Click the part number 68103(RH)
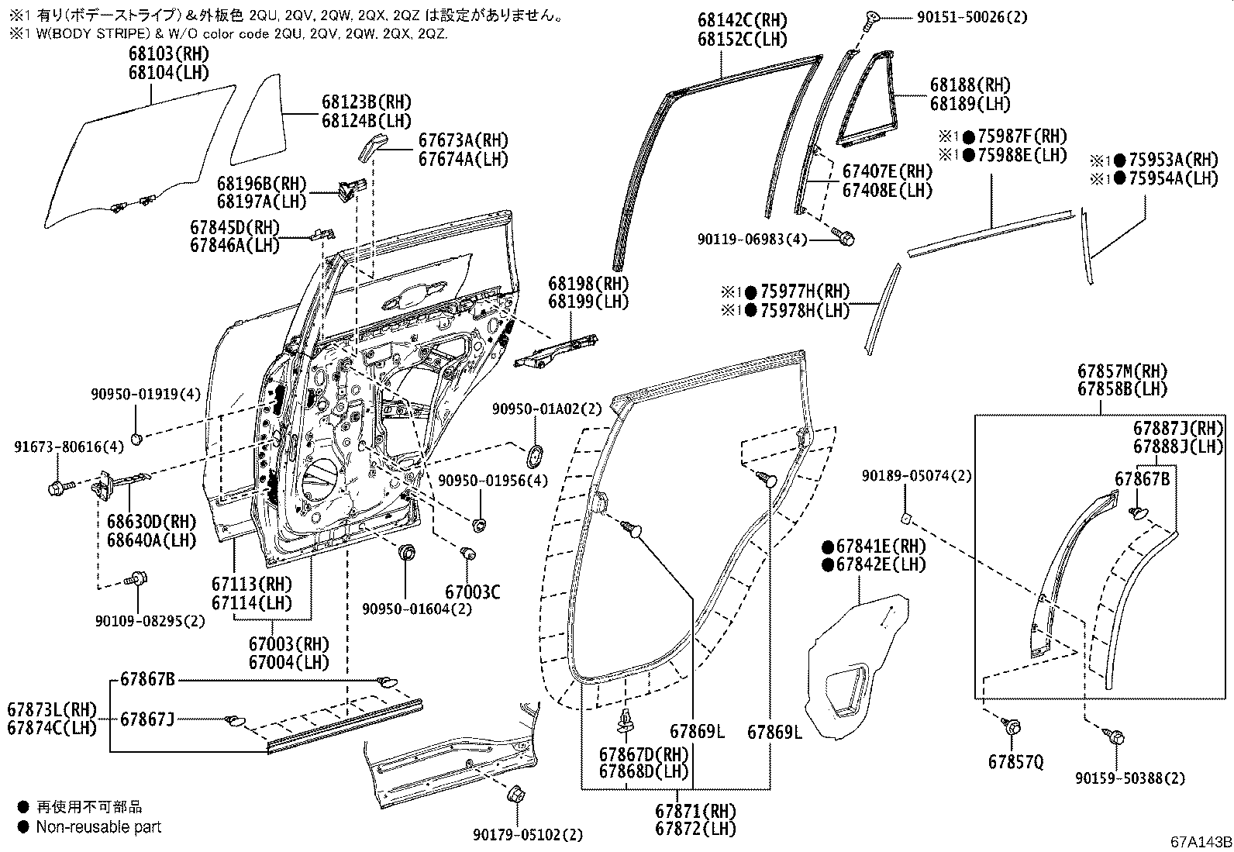[168, 54]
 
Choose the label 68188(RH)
[970, 85]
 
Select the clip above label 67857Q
[1012, 727]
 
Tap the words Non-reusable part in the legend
[98, 827]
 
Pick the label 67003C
[472, 592]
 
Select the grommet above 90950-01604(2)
[406, 553]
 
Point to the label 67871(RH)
[695, 812]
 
